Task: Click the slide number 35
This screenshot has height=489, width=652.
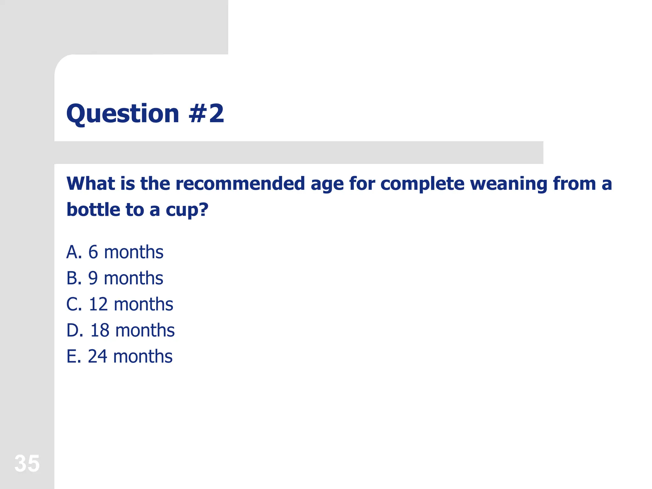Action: pyautogui.click(x=27, y=464)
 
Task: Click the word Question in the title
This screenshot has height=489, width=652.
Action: pyautogui.click(x=123, y=114)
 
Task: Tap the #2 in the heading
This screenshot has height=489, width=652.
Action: pyautogui.click(x=206, y=114)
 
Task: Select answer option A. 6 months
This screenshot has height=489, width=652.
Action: pyautogui.click(x=115, y=252)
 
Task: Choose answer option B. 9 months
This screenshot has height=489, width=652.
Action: pyautogui.click(x=115, y=278)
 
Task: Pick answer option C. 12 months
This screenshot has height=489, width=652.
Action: pyautogui.click(x=120, y=304)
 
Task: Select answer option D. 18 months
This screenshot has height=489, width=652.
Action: pyautogui.click(x=120, y=330)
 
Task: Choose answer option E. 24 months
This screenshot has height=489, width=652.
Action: pyautogui.click(x=119, y=357)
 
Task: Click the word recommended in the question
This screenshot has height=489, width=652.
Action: pyautogui.click(x=240, y=184)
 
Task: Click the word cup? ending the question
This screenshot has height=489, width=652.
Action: pyautogui.click(x=187, y=210)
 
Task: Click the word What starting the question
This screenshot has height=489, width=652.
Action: pyautogui.click(x=90, y=184)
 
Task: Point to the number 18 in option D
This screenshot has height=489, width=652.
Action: pyautogui.click(x=100, y=330)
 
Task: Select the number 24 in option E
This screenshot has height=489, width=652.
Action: pyautogui.click(x=97, y=357)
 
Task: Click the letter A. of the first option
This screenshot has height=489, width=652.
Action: pyautogui.click(x=74, y=252)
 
